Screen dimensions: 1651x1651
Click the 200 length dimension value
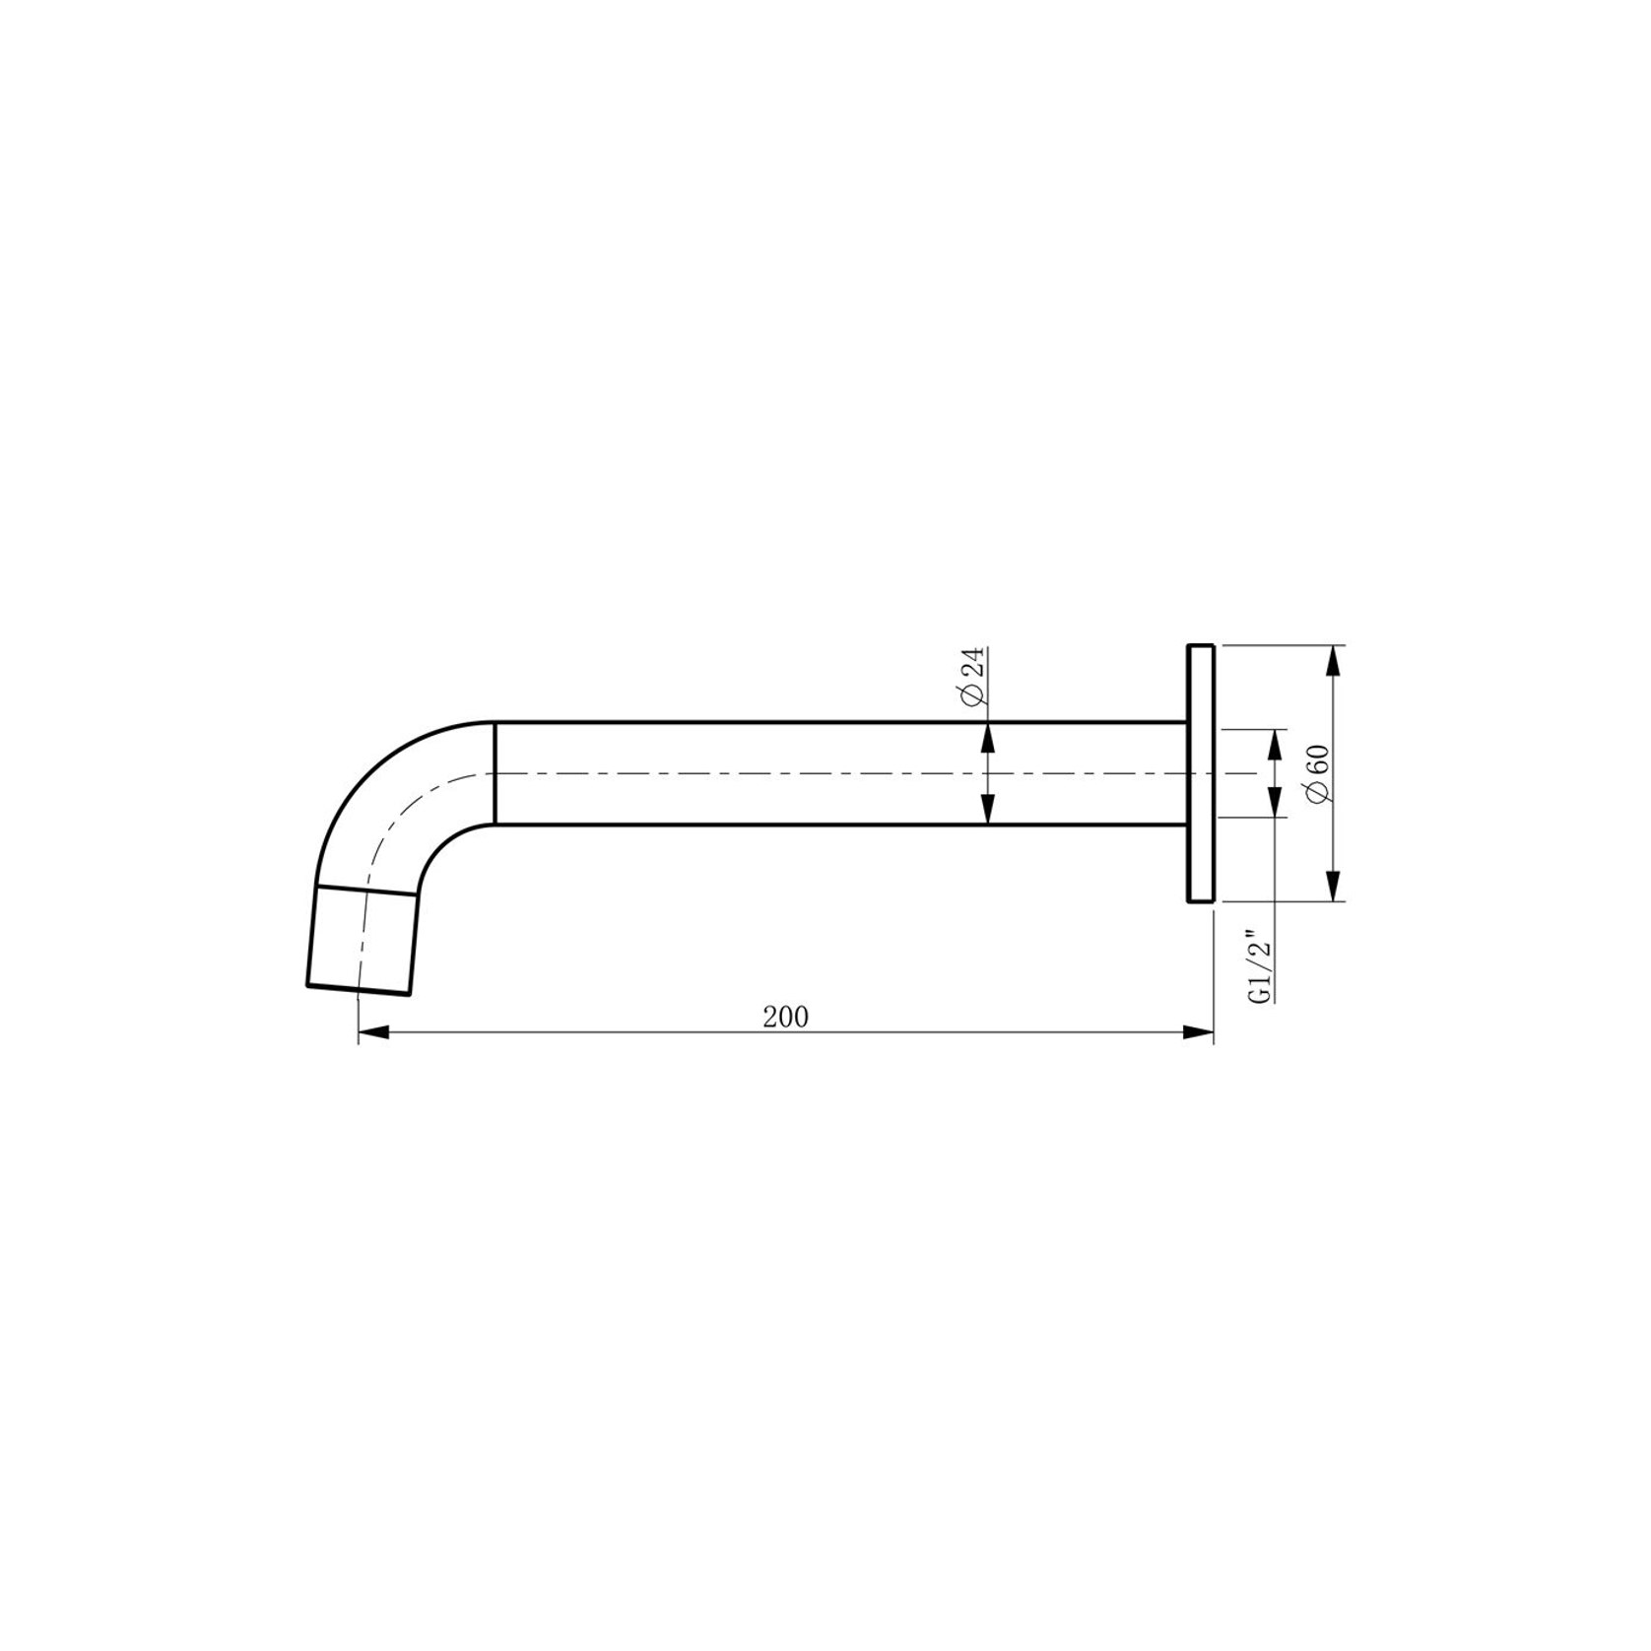point(785,1017)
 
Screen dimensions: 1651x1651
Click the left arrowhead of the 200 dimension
point(375,1032)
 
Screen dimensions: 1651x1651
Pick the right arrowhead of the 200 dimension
point(1197,1032)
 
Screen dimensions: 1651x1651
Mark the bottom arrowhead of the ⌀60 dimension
point(1334,885)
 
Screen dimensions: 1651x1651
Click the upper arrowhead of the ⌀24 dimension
point(986,739)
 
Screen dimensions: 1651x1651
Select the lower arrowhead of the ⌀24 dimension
point(986,807)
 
